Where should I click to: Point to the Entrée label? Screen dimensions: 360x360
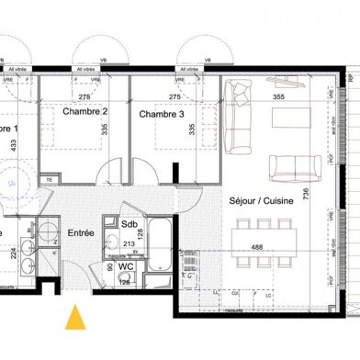[x=81, y=234]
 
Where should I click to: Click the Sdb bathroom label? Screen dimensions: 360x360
[x=129, y=223]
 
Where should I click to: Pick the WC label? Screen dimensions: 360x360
[x=128, y=266]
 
